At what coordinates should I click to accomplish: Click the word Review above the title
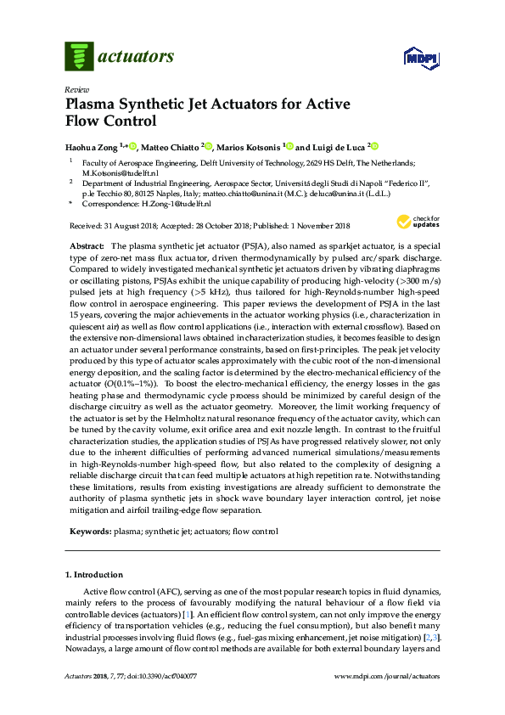(x=76, y=89)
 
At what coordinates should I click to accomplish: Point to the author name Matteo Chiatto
(x=174, y=147)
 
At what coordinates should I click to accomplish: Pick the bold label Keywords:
(x=89, y=532)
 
